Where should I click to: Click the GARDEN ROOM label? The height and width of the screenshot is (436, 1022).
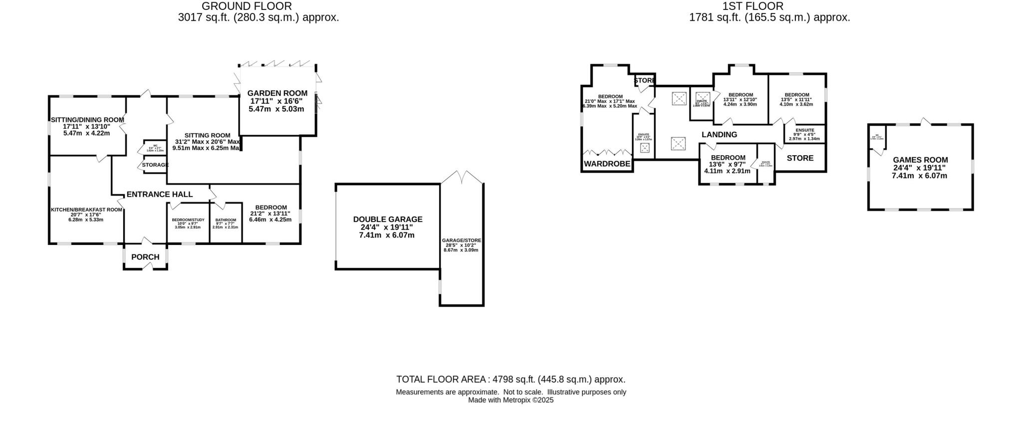(277, 93)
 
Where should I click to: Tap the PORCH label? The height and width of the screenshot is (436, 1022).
(145, 257)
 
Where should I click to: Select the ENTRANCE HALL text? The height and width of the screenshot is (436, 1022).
(159, 195)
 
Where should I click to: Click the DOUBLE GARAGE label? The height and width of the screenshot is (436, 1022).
(387, 219)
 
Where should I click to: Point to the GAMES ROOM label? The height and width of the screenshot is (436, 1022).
(920, 160)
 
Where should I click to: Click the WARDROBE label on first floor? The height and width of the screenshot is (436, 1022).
(607, 164)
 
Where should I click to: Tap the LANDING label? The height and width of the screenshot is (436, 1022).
(719, 135)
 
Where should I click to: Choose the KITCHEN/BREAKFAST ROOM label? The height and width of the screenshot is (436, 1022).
(86, 210)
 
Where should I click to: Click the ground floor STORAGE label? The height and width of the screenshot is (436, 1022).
(155, 165)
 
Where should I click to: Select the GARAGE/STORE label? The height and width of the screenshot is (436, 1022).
(461, 240)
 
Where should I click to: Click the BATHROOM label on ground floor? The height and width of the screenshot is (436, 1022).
(226, 220)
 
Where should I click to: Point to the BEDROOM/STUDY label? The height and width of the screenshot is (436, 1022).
(188, 220)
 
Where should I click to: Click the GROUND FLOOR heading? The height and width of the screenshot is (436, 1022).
(247, 6)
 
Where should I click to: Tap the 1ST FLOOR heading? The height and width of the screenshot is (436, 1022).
(753, 6)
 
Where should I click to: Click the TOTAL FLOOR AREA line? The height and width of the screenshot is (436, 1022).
(511, 380)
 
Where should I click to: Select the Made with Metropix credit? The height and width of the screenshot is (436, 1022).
(511, 400)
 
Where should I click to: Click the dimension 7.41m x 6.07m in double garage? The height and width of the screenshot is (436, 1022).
(387, 235)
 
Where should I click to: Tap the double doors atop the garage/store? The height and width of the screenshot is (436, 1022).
(463, 177)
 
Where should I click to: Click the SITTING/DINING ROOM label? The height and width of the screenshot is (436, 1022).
(87, 120)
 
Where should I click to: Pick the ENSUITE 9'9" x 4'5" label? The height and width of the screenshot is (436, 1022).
(804, 130)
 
